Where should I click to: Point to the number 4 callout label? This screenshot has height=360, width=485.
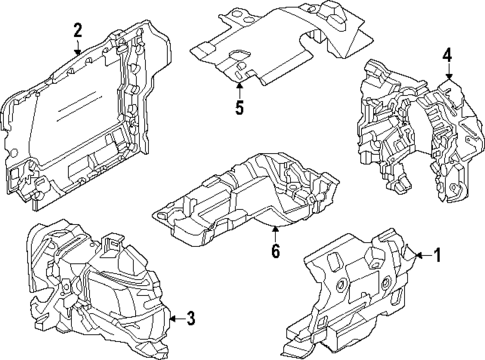click(x=448, y=54)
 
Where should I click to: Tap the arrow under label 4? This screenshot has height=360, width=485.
click(x=448, y=72)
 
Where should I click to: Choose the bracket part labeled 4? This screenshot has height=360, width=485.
click(x=410, y=125)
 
